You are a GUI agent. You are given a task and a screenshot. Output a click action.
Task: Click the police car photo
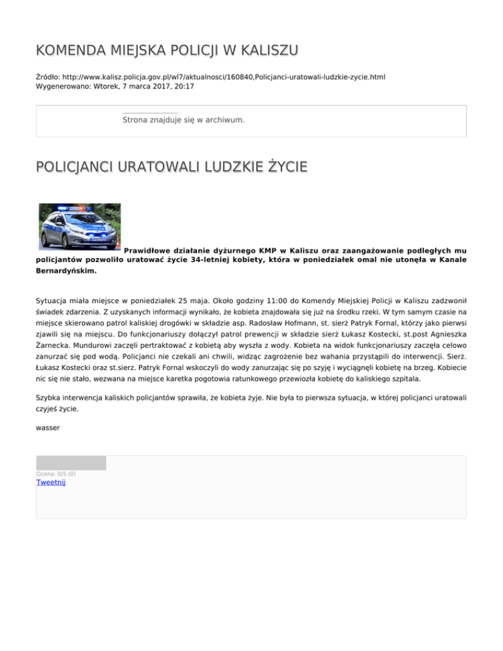click(x=79, y=227)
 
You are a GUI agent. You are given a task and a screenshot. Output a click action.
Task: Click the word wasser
click(x=48, y=428)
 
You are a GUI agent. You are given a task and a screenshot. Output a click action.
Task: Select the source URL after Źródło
click(x=223, y=77)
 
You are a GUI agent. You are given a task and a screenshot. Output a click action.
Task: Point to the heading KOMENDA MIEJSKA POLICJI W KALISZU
click(x=168, y=50)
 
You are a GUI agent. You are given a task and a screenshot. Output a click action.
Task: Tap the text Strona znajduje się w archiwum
click(x=183, y=120)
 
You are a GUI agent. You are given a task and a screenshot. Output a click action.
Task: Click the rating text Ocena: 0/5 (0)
click(x=56, y=474)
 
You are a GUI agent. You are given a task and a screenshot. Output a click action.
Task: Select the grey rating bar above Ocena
click(x=71, y=463)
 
